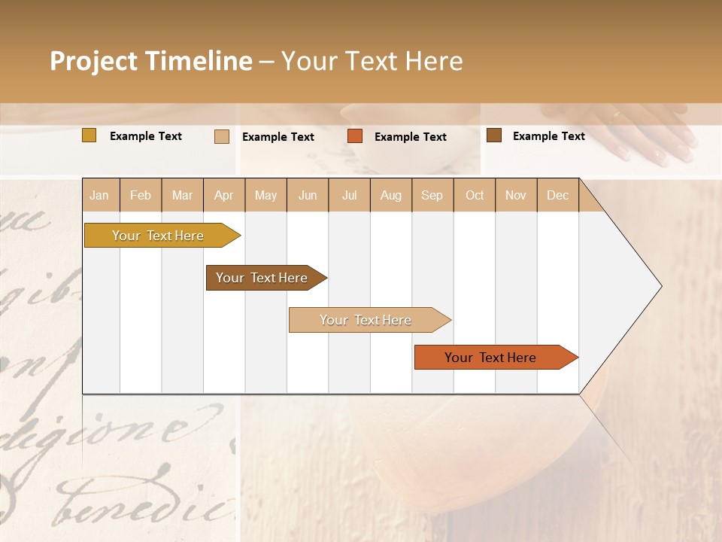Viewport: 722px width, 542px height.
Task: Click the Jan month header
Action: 100,195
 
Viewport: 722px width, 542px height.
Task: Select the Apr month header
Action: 224,195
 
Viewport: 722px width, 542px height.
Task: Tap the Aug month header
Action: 391,195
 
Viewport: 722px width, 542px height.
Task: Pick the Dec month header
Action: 557,195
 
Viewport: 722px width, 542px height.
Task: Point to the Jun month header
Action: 308,195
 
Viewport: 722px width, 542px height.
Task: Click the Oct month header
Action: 475,195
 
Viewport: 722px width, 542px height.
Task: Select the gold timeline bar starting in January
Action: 159,236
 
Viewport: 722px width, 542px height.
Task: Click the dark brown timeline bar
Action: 262,278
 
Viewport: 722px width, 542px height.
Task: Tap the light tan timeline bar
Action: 366,320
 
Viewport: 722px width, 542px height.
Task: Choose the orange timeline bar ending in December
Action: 491,358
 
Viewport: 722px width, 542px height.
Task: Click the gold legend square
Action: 89,135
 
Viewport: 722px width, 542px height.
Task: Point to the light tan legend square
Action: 221,136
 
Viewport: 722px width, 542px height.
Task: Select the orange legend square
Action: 355,136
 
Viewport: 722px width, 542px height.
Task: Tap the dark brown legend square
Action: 493,135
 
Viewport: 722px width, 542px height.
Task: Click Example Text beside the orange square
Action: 411,137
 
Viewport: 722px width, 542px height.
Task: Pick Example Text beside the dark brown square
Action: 549,136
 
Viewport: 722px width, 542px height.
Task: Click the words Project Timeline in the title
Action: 151,61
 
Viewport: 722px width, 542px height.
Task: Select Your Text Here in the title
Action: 372,61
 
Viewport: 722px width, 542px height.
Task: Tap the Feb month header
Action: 141,195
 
